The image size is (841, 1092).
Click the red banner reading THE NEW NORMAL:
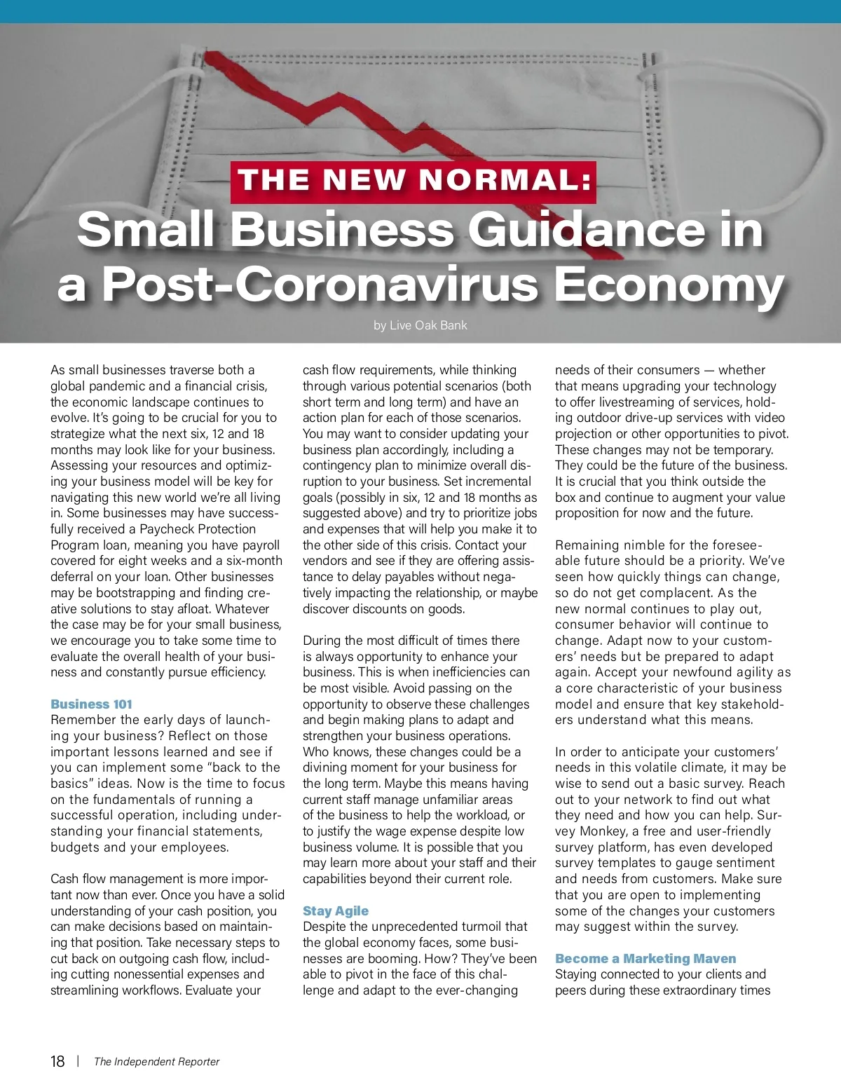(x=413, y=182)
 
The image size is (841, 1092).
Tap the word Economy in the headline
(x=669, y=285)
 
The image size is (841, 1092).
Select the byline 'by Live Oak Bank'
(x=420, y=325)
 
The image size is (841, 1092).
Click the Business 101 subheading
(x=91, y=704)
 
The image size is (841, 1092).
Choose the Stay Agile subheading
(x=335, y=911)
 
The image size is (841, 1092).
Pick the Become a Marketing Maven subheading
(x=645, y=959)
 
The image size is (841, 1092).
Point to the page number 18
(x=57, y=1061)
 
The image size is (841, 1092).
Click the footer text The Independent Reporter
(x=156, y=1062)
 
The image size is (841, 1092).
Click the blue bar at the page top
(x=420, y=11)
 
